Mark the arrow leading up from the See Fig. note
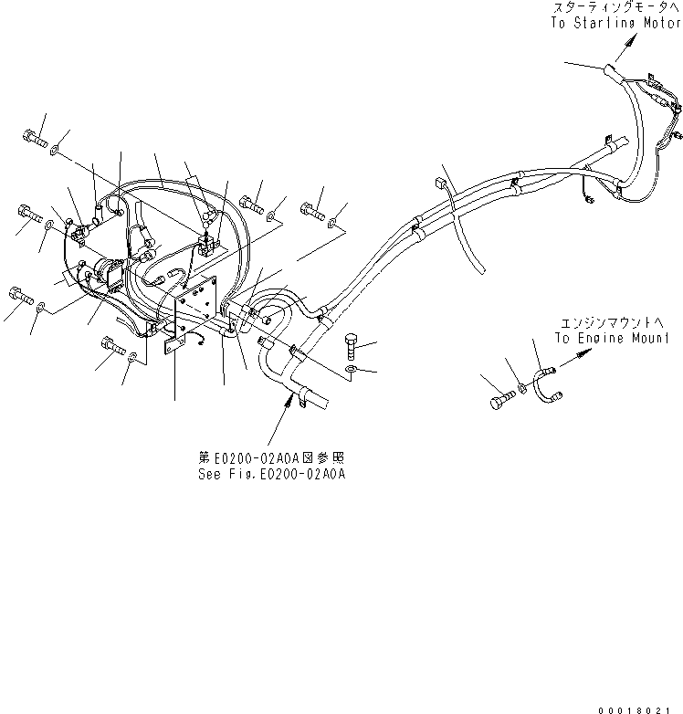[x=290, y=405]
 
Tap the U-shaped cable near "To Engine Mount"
[x=547, y=382]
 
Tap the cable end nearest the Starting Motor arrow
[x=609, y=69]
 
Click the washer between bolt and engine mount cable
[x=521, y=387]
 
